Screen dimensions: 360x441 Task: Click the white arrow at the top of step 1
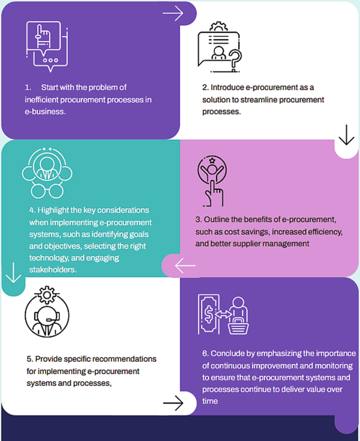tap(172, 13)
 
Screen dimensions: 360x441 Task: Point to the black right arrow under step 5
tap(173, 403)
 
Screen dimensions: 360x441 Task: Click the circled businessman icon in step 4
tap(47, 166)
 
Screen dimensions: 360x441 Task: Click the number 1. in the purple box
tap(28, 87)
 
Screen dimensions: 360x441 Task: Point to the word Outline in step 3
tap(215, 219)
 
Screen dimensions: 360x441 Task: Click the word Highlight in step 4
tap(53, 210)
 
